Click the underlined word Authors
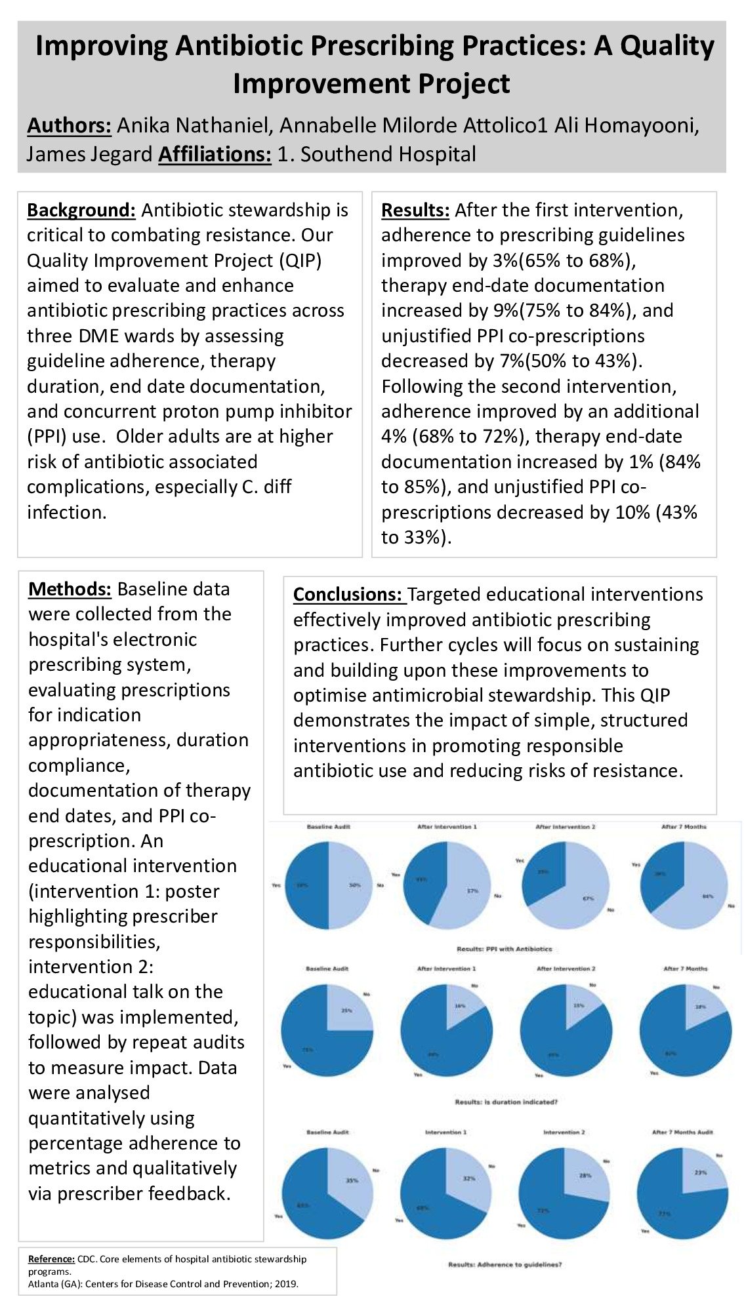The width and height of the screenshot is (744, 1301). (70, 125)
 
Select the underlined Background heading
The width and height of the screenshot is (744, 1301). (81, 210)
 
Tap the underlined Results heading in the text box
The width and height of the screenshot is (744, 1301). (415, 210)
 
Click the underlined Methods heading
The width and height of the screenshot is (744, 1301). (70, 589)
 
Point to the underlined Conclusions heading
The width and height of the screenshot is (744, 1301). (347, 594)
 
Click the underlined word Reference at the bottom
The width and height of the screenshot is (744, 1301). (51, 1258)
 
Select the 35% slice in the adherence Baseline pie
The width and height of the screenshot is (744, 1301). (351, 1180)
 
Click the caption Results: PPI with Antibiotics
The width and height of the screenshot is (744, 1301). (504, 949)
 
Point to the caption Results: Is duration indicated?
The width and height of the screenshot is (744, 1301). (506, 1102)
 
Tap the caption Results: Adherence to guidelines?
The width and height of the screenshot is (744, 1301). (505, 1264)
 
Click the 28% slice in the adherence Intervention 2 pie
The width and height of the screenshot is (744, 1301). (584, 1177)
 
